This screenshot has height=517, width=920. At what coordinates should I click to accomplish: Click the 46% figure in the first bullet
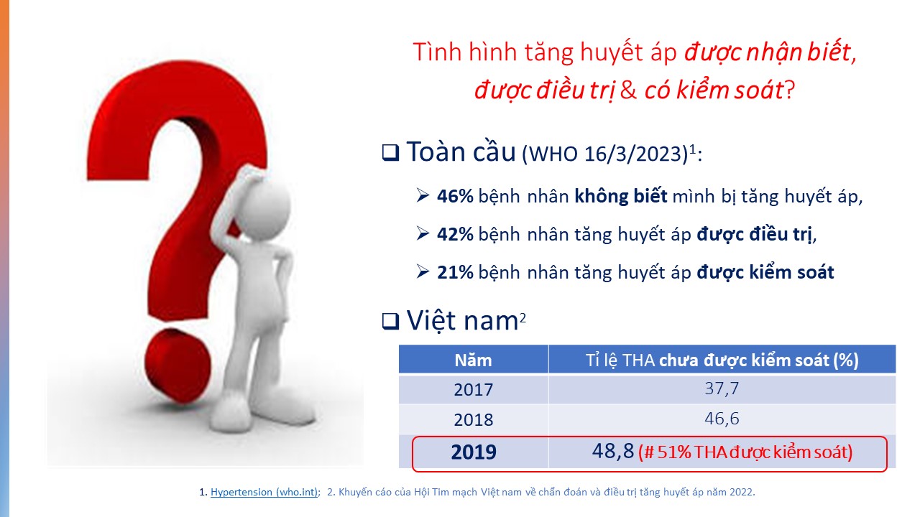(x=455, y=197)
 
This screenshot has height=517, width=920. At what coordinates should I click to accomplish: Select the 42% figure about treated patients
(x=455, y=235)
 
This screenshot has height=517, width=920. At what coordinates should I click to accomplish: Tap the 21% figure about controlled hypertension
(x=455, y=273)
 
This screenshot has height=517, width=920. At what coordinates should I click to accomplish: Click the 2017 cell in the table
(x=473, y=389)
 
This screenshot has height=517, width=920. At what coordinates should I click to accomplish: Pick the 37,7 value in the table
(x=722, y=388)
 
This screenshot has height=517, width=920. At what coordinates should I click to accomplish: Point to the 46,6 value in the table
(x=722, y=419)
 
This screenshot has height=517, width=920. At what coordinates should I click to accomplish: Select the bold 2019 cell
(x=474, y=452)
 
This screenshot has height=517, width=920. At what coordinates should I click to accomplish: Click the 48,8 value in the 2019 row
(x=613, y=452)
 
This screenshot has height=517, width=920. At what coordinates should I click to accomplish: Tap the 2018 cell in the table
(x=473, y=420)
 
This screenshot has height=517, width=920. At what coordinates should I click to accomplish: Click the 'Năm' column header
(x=473, y=360)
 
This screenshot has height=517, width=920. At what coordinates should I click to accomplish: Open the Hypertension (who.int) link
(x=264, y=492)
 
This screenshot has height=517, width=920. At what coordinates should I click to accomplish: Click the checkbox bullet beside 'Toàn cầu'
(x=390, y=153)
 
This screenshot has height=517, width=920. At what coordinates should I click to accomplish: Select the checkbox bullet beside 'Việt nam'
(x=390, y=321)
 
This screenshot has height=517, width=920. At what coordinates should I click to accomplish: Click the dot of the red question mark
(x=178, y=365)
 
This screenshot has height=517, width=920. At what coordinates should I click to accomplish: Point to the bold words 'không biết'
(x=620, y=196)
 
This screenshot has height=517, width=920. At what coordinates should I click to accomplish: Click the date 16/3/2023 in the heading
(x=633, y=154)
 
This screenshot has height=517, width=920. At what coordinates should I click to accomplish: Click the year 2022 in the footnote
(x=741, y=492)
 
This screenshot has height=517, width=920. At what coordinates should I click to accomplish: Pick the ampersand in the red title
(x=628, y=90)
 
